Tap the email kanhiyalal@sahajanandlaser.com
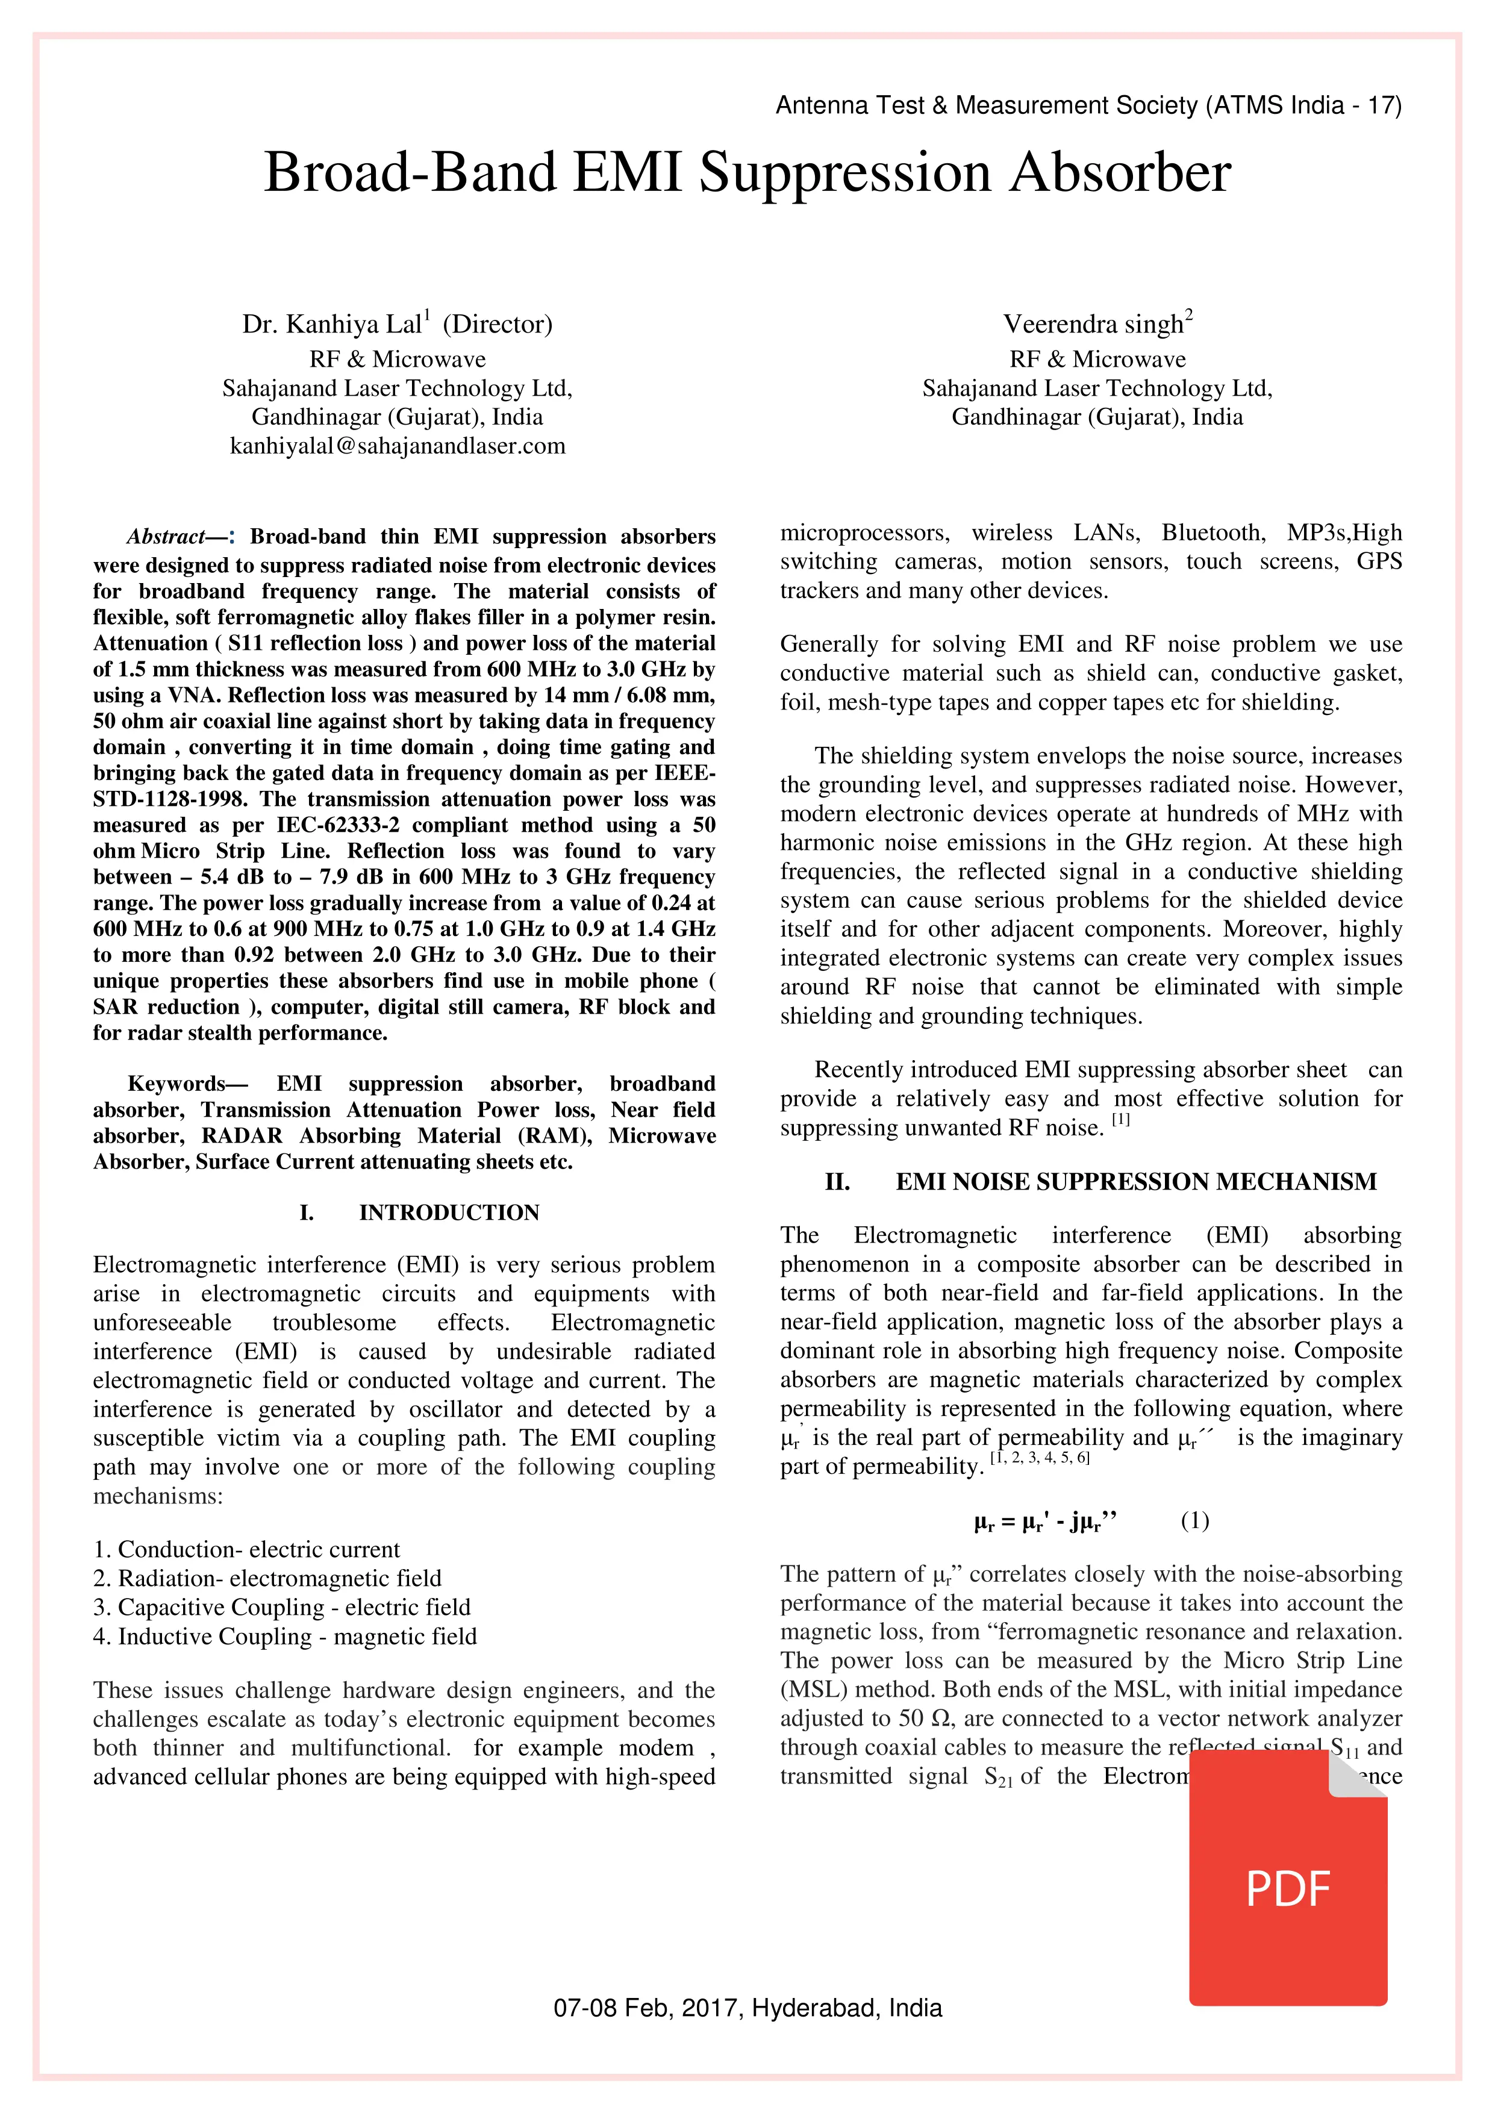point(398,446)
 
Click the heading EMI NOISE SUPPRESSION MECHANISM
point(1136,1182)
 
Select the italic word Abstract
point(166,537)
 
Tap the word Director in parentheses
point(497,324)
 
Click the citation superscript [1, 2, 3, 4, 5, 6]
point(1039,1458)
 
